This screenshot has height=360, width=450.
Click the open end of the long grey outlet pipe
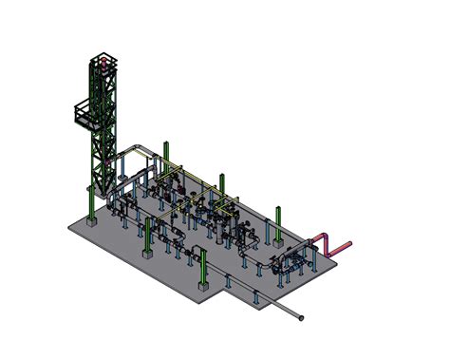pyautogui.click(x=303, y=315)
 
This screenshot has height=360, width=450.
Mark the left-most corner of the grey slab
pyautogui.click(x=68, y=225)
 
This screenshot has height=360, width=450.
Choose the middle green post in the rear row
pyautogui.click(x=222, y=190)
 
